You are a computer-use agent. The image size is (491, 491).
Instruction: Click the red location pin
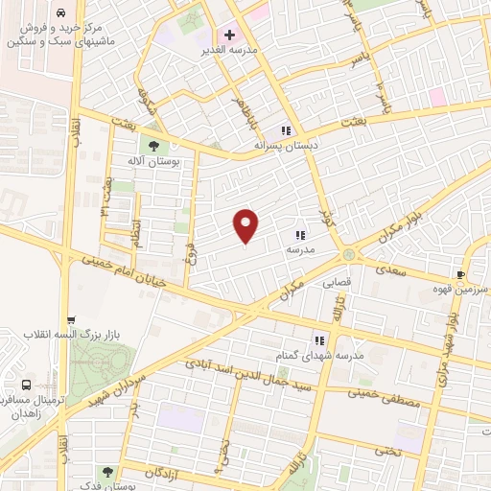(246, 225)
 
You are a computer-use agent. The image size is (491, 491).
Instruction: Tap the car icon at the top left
(61, 14)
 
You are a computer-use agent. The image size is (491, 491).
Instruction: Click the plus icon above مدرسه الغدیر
(229, 35)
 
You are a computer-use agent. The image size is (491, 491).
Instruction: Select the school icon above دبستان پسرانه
(285, 130)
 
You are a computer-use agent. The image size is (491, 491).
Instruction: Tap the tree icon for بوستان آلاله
(152, 144)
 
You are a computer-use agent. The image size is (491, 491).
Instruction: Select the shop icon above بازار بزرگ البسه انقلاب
(70, 320)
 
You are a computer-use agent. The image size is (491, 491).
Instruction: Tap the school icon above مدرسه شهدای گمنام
(320, 339)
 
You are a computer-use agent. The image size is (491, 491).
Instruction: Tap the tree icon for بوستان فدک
(106, 471)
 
